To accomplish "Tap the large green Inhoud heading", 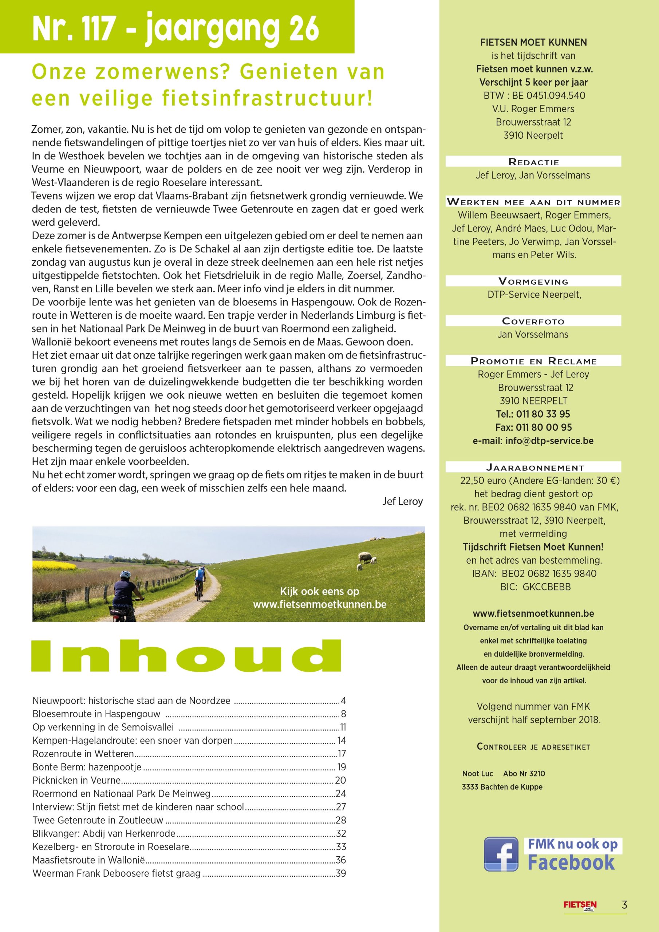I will coord(186,656).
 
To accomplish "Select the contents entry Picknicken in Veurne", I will coord(77,780).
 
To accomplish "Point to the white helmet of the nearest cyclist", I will coord(125,574).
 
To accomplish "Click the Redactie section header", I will coord(533,162).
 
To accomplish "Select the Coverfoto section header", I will coord(533,321).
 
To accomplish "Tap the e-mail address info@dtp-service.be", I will coord(549,441).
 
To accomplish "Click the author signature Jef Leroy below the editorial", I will coord(402,501).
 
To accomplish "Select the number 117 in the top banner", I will coord(94,28).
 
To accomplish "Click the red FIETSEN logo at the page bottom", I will coord(580,905).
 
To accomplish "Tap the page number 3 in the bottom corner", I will coord(624,905).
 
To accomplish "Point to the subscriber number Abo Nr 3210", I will coord(524,773).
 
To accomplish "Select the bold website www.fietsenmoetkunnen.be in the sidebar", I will coord(533,613).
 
